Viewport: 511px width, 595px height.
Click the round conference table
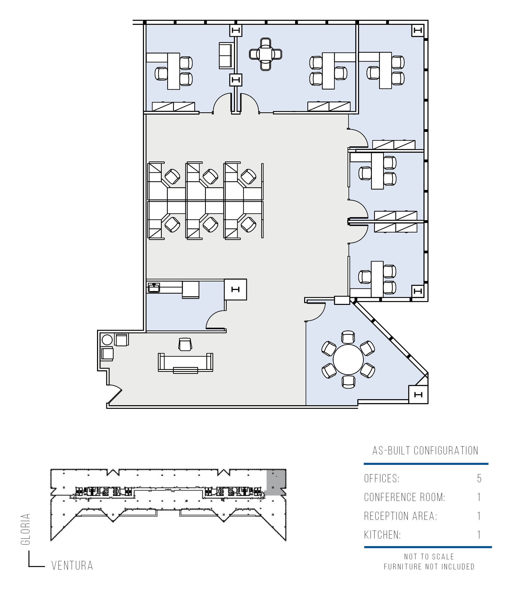pyautogui.click(x=348, y=359)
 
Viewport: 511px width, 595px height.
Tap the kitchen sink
pyautogui.click(x=154, y=287)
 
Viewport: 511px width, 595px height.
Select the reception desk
pyautogui.click(x=186, y=363)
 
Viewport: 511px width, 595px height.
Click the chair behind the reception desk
pyautogui.click(x=185, y=344)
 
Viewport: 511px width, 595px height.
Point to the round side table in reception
pyautogui.click(x=107, y=340)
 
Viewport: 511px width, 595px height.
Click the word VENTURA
pyautogui.click(x=72, y=565)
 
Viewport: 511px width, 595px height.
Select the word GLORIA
pyautogui.click(x=25, y=529)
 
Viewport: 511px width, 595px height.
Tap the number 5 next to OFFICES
pyautogui.click(x=479, y=478)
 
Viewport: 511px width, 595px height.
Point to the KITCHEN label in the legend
pyautogui.click(x=382, y=535)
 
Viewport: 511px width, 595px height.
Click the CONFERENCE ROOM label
pyautogui.click(x=405, y=497)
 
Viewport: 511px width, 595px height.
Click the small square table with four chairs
pyautogui.click(x=266, y=54)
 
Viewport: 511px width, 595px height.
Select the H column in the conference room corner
pyautogui.click(x=418, y=395)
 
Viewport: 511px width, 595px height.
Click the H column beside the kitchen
pyautogui.click(x=235, y=289)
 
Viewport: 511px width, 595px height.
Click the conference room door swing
pyautogui.click(x=315, y=312)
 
